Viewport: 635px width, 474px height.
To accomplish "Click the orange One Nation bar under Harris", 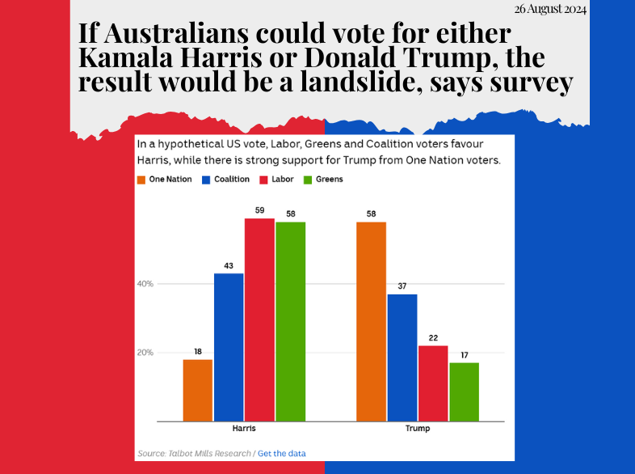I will pyautogui.click(x=198, y=390).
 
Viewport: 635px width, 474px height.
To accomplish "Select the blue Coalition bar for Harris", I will pyautogui.click(x=229, y=347).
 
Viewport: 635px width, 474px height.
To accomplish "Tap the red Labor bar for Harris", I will pyautogui.click(x=259, y=320).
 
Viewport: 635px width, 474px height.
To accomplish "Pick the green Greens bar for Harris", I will pyautogui.click(x=290, y=321).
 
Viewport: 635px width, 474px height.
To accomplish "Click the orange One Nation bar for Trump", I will pyautogui.click(x=371, y=321).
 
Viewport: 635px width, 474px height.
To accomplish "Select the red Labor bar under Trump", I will pyautogui.click(x=433, y=383).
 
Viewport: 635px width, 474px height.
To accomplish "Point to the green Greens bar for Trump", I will pyautogui.click(x=464, y=391).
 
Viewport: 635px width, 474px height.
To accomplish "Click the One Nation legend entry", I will pyautogui.click(x=165, y=179).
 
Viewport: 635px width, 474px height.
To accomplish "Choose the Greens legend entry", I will pyautogui.click(x=325, y=179).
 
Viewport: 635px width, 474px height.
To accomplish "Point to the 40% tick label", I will pyautogui.click(x=145, y=284).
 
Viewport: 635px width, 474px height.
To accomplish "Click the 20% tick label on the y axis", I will pyautogui.click(x=145, y=353).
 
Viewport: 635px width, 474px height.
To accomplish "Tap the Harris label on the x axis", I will pyautogui.click(x=244, y=429).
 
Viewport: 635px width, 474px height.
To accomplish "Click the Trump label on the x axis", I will pyautogui.click(x=417, y=429).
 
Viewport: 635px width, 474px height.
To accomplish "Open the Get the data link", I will pyautogui.click(x=282, y=452).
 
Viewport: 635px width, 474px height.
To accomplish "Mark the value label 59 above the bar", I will pyautogui.click(x=259, y=210).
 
